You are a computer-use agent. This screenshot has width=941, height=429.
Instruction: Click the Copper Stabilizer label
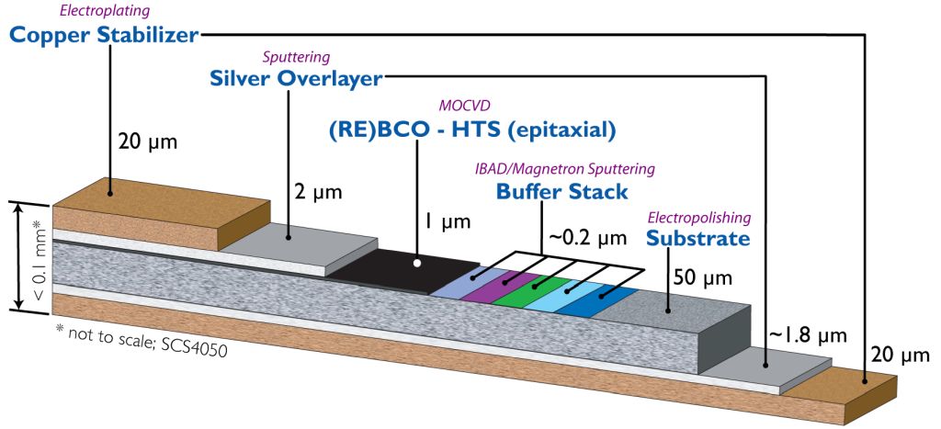pos(103,36)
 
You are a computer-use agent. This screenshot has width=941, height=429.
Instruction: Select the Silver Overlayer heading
pos(295,79)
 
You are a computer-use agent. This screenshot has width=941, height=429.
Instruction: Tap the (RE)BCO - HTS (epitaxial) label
pos(470,130)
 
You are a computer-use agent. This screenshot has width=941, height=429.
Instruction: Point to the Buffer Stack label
pos(561,192)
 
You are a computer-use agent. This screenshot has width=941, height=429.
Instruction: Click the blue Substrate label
pos(697,238)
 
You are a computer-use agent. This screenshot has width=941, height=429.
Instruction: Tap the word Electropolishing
pos(699,218)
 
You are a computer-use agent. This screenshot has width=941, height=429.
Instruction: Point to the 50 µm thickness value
pos(705,277)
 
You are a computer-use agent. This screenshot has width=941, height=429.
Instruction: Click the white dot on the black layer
pos(417,263)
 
